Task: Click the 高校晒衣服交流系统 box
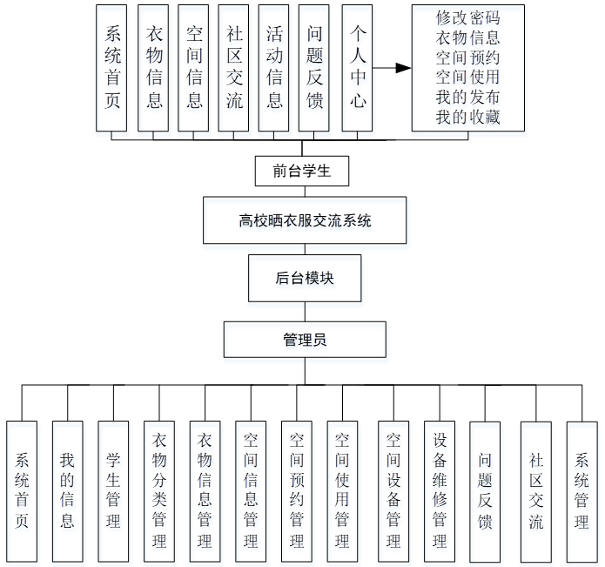coord(305,220)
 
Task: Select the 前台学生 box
coord(301,171)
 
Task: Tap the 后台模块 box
coord(305,278)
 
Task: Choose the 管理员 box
coord(305,340)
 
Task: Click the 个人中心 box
coord(357,67)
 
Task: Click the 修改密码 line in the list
coord(468,17)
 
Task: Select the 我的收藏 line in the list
coord(468,118)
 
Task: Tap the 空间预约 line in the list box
coord(468,57)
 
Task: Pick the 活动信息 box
coord(274,67)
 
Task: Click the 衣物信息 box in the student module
coord(154,67)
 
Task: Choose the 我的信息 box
coord(67,490)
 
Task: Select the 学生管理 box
coord(113,490)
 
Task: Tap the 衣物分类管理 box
coord(159,490)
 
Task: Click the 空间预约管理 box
coord(297,490)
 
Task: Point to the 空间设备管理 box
coord(393,490)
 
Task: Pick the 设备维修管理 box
coord(440,490)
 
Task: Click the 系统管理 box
coord(581,490)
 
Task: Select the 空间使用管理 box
coord(343,490)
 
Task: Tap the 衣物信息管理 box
coord(205,490)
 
